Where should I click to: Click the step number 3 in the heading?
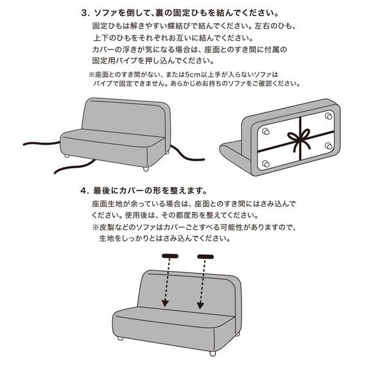[84, 13]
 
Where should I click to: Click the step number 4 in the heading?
[84, 191]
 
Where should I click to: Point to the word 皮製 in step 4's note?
[110, 227]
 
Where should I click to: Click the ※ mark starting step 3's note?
[92, 74]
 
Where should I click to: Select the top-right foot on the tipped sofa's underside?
[329, 117]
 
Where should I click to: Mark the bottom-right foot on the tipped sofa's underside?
[329, 146]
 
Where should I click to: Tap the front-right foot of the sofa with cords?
[147, 168]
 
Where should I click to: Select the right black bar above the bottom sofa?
[205, 257]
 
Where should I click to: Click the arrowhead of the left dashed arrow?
[165, 302]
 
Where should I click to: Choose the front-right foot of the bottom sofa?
[212, 353]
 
